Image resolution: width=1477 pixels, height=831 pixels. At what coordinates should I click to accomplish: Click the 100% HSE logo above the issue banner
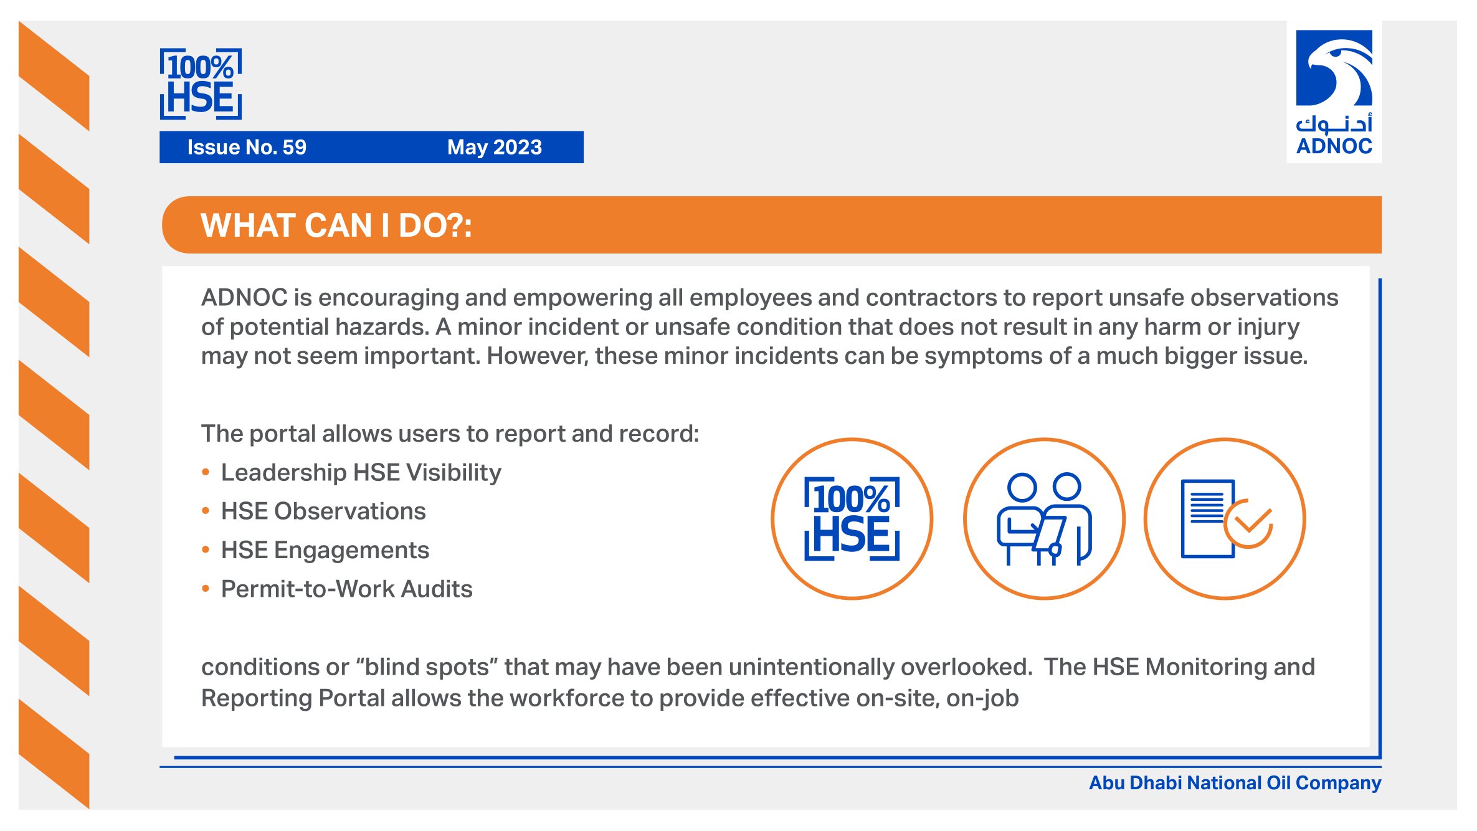(x=201, y=83)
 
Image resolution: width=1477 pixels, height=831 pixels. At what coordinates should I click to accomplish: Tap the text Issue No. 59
(x=247, y=147)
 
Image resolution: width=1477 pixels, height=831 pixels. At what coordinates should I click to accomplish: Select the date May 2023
(x=495, y=147)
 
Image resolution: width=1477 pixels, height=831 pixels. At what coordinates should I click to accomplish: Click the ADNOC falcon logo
(x=1334, y=68)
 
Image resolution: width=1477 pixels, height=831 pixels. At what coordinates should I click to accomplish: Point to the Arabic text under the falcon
(x=1334, y=124)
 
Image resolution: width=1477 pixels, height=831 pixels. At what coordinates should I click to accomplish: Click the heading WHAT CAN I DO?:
(x=336, y=225)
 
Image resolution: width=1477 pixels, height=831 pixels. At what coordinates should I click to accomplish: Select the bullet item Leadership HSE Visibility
(x=361, y=472)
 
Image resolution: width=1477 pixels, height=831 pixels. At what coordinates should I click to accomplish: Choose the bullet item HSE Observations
(x=323, y=511)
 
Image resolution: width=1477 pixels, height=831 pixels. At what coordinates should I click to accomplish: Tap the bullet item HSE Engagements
(x=325, y=550)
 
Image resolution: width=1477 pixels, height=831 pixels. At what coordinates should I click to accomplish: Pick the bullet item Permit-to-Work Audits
(x=347, y=589)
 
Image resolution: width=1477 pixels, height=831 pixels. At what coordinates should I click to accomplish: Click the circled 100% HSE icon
(x=852, y=519)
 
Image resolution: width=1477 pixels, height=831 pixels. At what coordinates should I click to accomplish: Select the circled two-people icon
(x=1044, y=519)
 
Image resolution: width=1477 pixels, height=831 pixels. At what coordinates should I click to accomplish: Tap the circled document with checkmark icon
(x=1225, y=519)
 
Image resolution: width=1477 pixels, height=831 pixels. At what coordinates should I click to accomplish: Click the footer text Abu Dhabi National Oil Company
(x=1235, y=782)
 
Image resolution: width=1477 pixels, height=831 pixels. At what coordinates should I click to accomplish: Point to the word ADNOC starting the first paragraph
(x=244, y=297)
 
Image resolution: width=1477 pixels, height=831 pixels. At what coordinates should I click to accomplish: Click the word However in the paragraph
(x=537, y=356)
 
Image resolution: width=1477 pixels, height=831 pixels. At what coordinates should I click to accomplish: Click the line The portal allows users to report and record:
(x=450, y=434)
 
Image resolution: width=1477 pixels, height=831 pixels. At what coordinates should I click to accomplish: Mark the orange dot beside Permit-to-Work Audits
(x=206, y=589)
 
